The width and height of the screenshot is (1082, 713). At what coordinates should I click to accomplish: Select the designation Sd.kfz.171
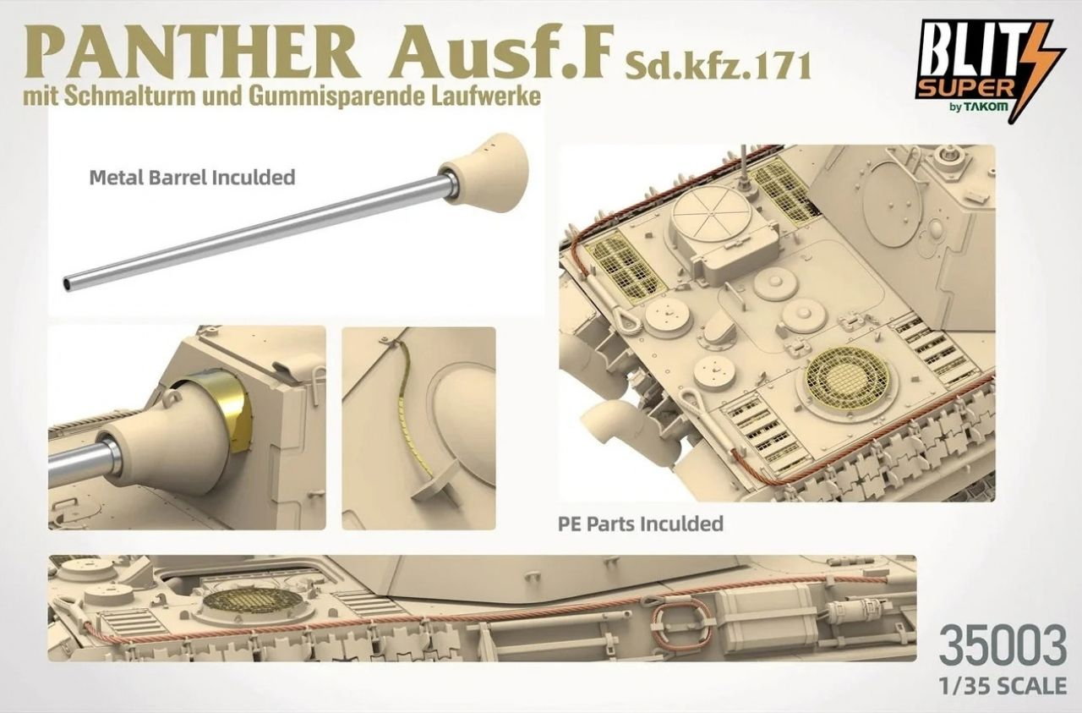coord(718,66)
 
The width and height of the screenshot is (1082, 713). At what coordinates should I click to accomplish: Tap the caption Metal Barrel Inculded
coord(192,178)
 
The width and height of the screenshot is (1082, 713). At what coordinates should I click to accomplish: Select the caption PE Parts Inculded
coord(641,524)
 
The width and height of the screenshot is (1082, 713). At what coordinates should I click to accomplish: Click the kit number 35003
coord(1003,646)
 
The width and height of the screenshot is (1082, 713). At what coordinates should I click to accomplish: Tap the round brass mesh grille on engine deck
coord(848,377)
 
